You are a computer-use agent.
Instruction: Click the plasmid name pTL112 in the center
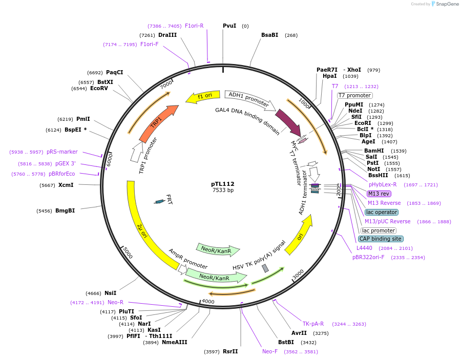(x=223, y=184)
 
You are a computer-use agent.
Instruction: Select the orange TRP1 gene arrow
(x=158, y=123)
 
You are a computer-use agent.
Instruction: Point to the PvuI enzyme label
(x=229, y=26)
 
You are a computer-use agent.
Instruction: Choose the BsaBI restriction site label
(x=269, y=35)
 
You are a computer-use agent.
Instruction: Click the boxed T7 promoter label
(x=354, y=95)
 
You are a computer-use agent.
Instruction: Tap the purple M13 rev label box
(x=379, y=194)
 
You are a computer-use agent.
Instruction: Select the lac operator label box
(x=381, y=212)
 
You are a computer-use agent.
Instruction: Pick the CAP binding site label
(x=381, y=239)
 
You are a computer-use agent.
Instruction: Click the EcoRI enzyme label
(x=363, y=123)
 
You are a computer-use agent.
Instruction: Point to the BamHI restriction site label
(x=374, y=151)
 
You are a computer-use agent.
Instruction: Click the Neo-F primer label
(x=270, y=351)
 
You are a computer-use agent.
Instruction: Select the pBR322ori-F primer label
(x=368, y=257)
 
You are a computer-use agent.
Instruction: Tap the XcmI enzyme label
(x=66, y=185)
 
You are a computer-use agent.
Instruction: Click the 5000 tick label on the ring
(x=127, y=253)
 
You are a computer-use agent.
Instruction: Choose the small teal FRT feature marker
(x=160, y=201)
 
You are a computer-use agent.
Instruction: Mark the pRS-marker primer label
(x=62, y=152)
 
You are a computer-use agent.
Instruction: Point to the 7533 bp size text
(x=223, y=190)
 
